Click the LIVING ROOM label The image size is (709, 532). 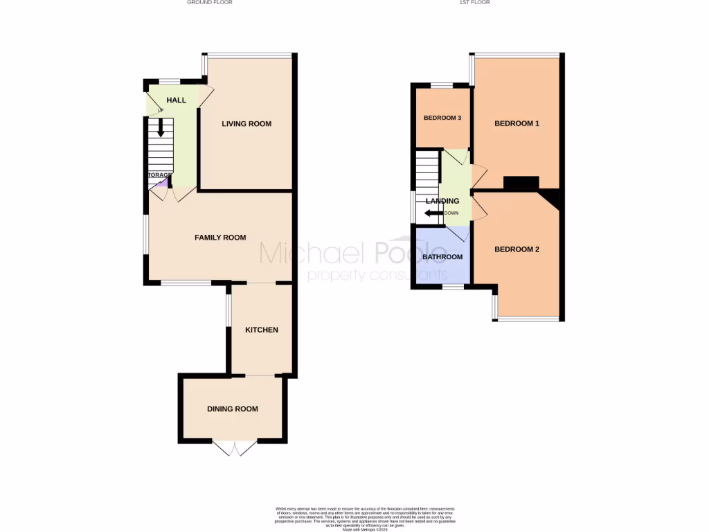tap(246, 124)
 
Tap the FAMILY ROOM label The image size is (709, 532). tap(220, 238)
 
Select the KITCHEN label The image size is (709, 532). tap(262, 330)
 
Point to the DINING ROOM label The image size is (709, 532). tap(233, 409)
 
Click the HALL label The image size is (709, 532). tap(176, 100)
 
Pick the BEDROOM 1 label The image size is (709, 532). tap(517, 124)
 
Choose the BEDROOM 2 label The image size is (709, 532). tap(517, 249)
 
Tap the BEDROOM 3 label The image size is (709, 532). tap(442, 118)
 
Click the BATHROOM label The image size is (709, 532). tap(442, 257)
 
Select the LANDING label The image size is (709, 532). tap(442, 201)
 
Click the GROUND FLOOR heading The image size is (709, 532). tap(210, 3)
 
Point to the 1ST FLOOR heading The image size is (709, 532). tap(474, 3)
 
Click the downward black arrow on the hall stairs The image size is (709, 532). tap(161, 128)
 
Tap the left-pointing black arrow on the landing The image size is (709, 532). tap(433, 213)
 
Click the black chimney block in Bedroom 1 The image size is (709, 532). tap(521, 183)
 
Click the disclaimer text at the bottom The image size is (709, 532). tap(354, 517)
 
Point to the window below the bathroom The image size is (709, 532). tap(454, 285)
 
